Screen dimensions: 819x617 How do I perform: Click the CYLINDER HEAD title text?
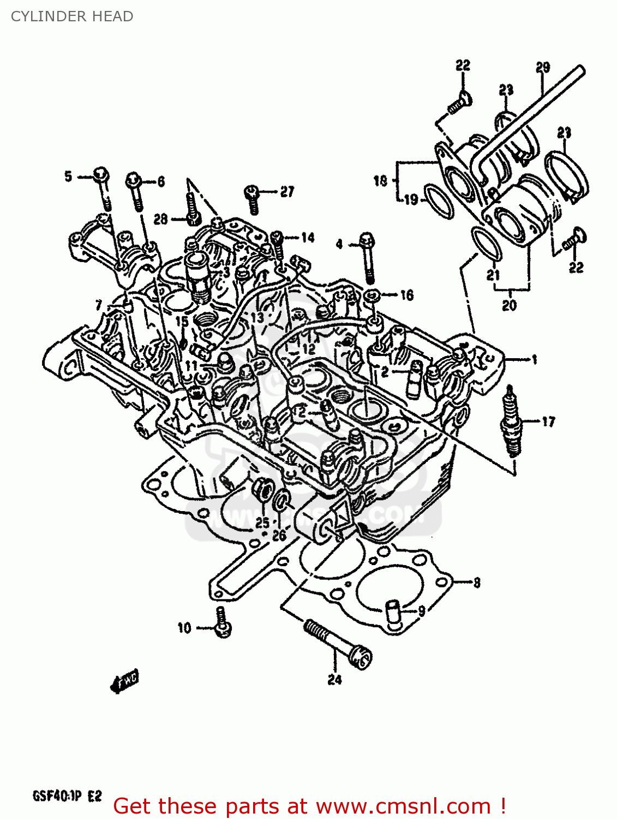click(72, 16)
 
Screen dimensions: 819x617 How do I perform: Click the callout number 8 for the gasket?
click(477, 583)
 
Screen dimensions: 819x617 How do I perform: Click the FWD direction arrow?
click(124, 681)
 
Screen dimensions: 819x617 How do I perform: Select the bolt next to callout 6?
click(135, 191)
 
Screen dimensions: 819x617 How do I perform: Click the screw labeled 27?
click(252, 199)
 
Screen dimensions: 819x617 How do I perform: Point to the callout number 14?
click(308, 238)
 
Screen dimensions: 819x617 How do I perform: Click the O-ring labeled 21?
click(486, 244)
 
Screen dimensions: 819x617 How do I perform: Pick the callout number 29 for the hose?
click(542, 68)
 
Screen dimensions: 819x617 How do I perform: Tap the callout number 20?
click(509, 305)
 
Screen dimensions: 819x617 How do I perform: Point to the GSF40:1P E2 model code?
click(67, 796)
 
